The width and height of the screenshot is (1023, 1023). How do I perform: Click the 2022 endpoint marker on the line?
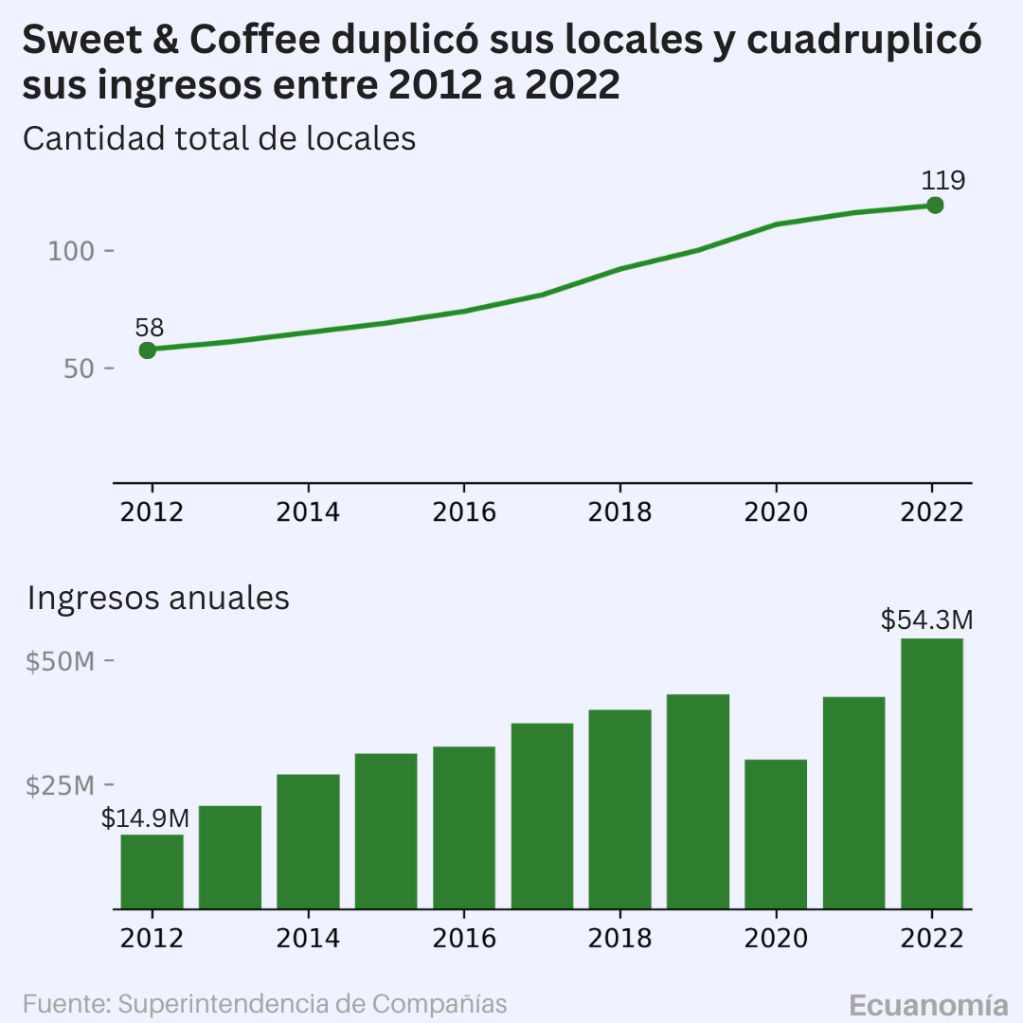tap(934, 206)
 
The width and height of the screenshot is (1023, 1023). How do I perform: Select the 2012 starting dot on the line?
tap(148, 350)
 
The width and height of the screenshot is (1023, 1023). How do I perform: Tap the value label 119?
tap(942, 181)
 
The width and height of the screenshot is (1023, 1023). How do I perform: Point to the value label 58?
tap(150, 328)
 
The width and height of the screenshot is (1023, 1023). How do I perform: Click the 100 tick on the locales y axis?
tap(71, 251)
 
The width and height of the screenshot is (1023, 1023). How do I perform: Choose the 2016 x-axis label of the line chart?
tap(464, 512)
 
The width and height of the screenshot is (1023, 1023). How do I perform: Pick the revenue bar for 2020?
tap(776, 834)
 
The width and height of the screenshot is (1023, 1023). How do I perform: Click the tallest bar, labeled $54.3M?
tap(932, 773)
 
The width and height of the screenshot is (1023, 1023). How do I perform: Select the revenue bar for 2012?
tap(152, 871)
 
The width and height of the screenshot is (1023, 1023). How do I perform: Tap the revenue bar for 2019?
tap(698, 801)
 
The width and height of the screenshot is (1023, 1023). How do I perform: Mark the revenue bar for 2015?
tap(386, 831)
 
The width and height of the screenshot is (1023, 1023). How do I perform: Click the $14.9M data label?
tap(145, 818)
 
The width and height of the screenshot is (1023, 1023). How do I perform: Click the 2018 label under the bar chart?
tap(619, 938)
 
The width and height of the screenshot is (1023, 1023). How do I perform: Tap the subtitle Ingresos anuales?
tap(158, 598)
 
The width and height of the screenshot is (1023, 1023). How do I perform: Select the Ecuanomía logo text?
tap(929, 1005)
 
